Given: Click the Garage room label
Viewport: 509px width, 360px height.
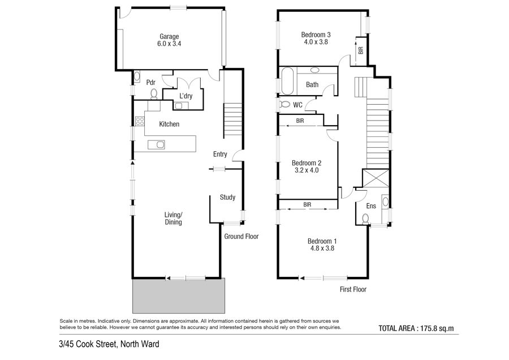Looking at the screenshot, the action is point(169,37).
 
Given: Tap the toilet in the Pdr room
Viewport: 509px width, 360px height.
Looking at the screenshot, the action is point(154,94).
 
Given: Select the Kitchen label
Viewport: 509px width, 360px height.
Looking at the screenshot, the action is point(169,124).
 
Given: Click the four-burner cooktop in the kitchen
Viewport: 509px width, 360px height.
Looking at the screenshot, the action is point(140,122).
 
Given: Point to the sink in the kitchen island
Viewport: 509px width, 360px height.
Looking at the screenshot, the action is point(157,144).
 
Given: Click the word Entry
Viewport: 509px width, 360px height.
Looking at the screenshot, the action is point(220,155).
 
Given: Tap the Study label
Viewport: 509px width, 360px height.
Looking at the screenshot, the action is point(227,197).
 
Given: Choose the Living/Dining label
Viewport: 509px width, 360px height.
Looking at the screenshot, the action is point(174,218).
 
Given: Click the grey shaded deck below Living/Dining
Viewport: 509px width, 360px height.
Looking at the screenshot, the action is point(179,295).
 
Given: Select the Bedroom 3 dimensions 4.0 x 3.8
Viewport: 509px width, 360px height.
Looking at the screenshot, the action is point(316,42).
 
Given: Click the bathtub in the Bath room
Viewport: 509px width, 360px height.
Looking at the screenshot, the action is point(288,81).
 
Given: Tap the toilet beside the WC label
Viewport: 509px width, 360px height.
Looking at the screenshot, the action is point(284,105).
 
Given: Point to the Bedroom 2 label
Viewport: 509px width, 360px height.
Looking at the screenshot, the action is point(307,163).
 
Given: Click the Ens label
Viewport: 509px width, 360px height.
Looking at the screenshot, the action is point(371,206).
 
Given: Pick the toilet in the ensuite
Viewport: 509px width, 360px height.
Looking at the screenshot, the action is point(365,219).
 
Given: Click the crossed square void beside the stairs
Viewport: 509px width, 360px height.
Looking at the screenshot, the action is point(376,178).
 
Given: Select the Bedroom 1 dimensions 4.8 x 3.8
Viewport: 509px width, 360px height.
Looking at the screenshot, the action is point(322,248).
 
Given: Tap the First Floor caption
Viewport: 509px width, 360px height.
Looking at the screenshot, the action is point(353,289).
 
